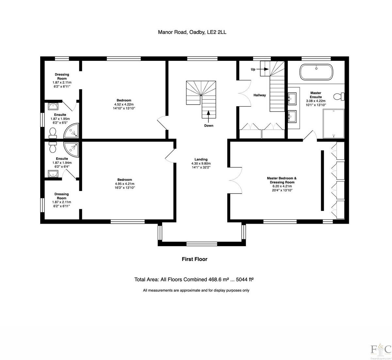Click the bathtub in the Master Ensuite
pos(316,72)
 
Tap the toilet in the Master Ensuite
pos(338,97)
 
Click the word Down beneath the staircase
pos(208,126)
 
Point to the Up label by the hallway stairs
pos(253,69)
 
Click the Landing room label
pos(201,160)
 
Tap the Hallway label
pos(260,95)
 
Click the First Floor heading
pos(194,259)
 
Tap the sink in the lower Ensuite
pos(53,173)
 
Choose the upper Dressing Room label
pos(62,77)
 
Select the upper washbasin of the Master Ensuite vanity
pos(292,97)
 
